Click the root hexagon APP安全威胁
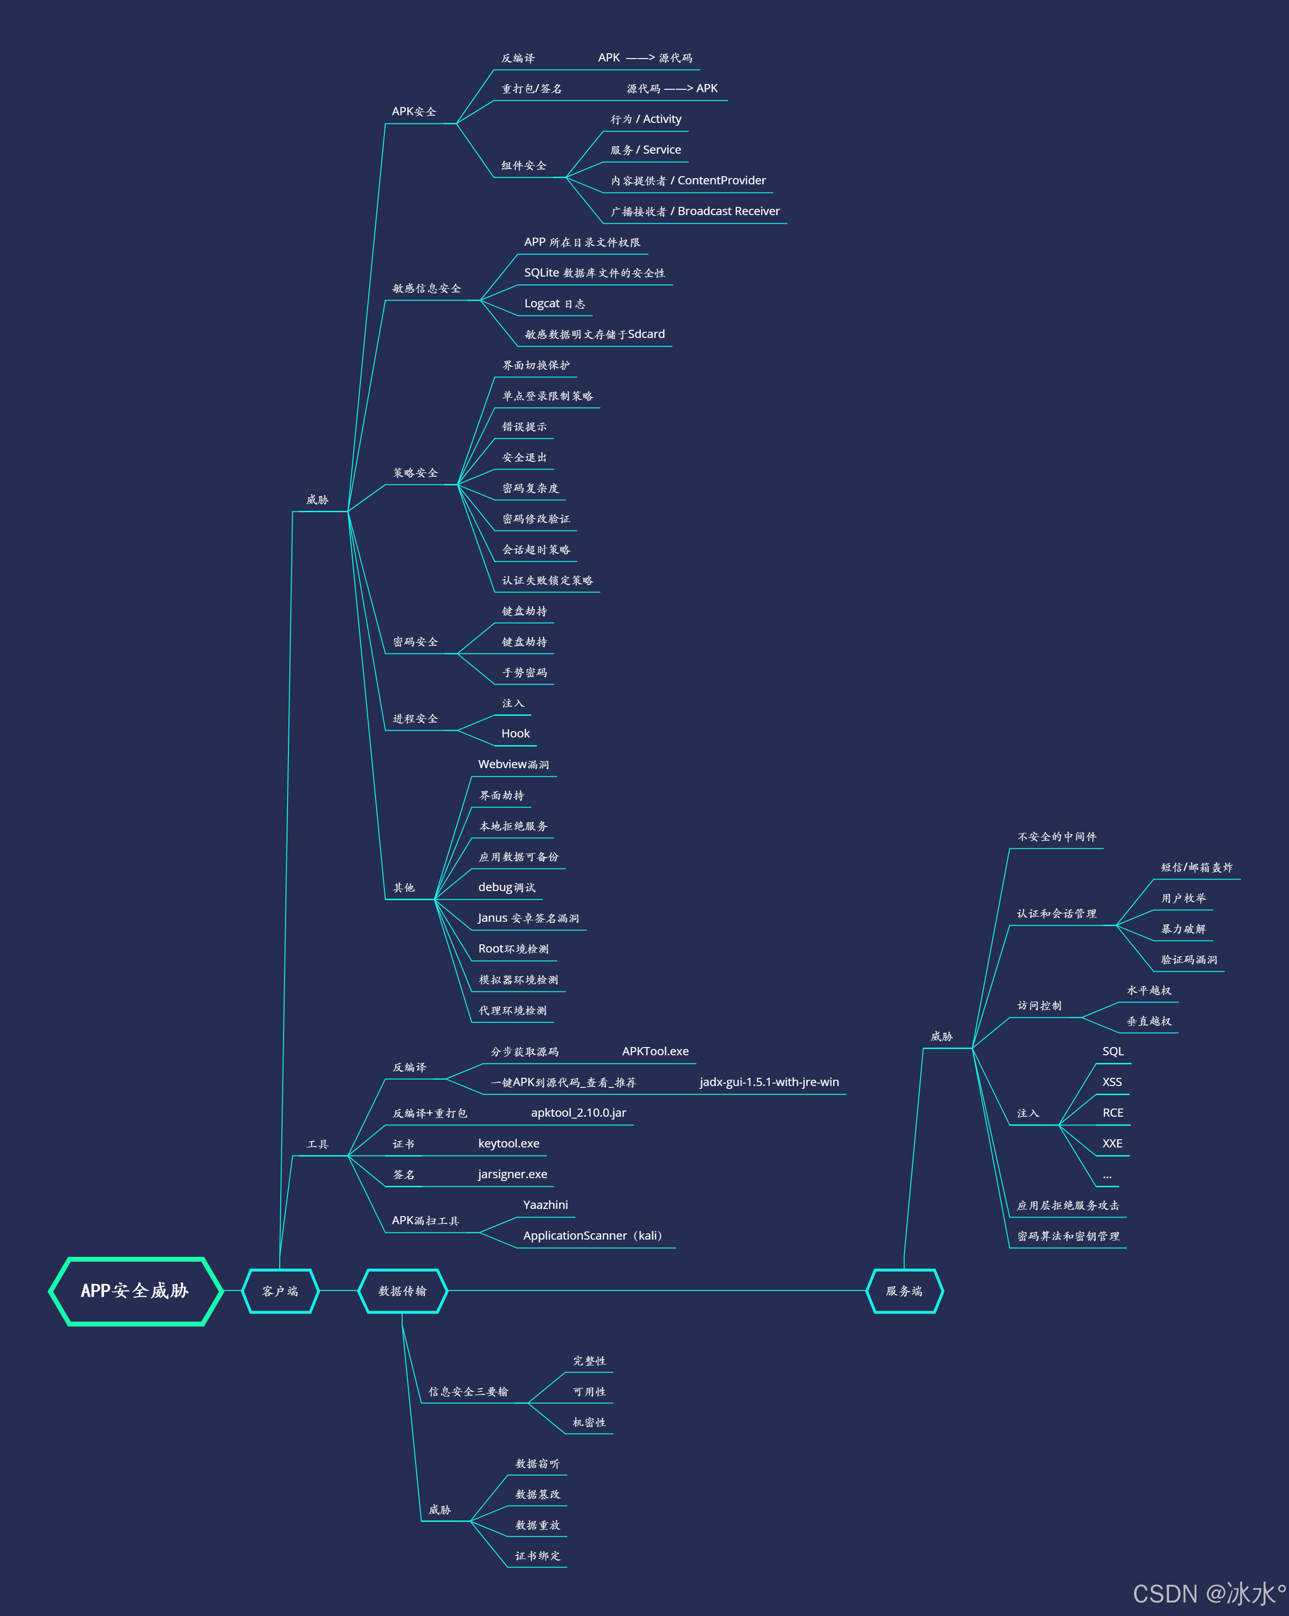pyautogui.click(x=135, y=1290)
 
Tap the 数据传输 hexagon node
pyautogui.click(x=403, y=1290)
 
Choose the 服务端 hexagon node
pyautogui.click(x=904, y=1290)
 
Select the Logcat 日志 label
pyautogui.click(x=555, y=303)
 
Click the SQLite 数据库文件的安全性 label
pyautogui.click(x=594, y=273)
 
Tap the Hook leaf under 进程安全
pyautogui.click(x=515, y=734)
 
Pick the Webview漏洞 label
pyautogui.click(x=513, y=764)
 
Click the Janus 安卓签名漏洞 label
pyautogui.click(x=528, y=918)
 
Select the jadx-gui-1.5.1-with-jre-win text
pyautogui.click(x=769, y=1082)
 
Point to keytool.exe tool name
pyautogui.click(x=509, y=1144)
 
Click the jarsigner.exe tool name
pyautogui.click(x=513, y=1174)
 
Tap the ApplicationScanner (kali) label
pyautogui.click(x=593, y=1236)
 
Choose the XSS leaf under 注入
pyautogui.click(x=1112, y=1082)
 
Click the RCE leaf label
pyautogui.click(x=1113, y=1113)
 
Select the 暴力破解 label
pyautogui.click(x=1183, y=929)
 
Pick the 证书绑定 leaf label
pyautogui.click(x=537, y=1556)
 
